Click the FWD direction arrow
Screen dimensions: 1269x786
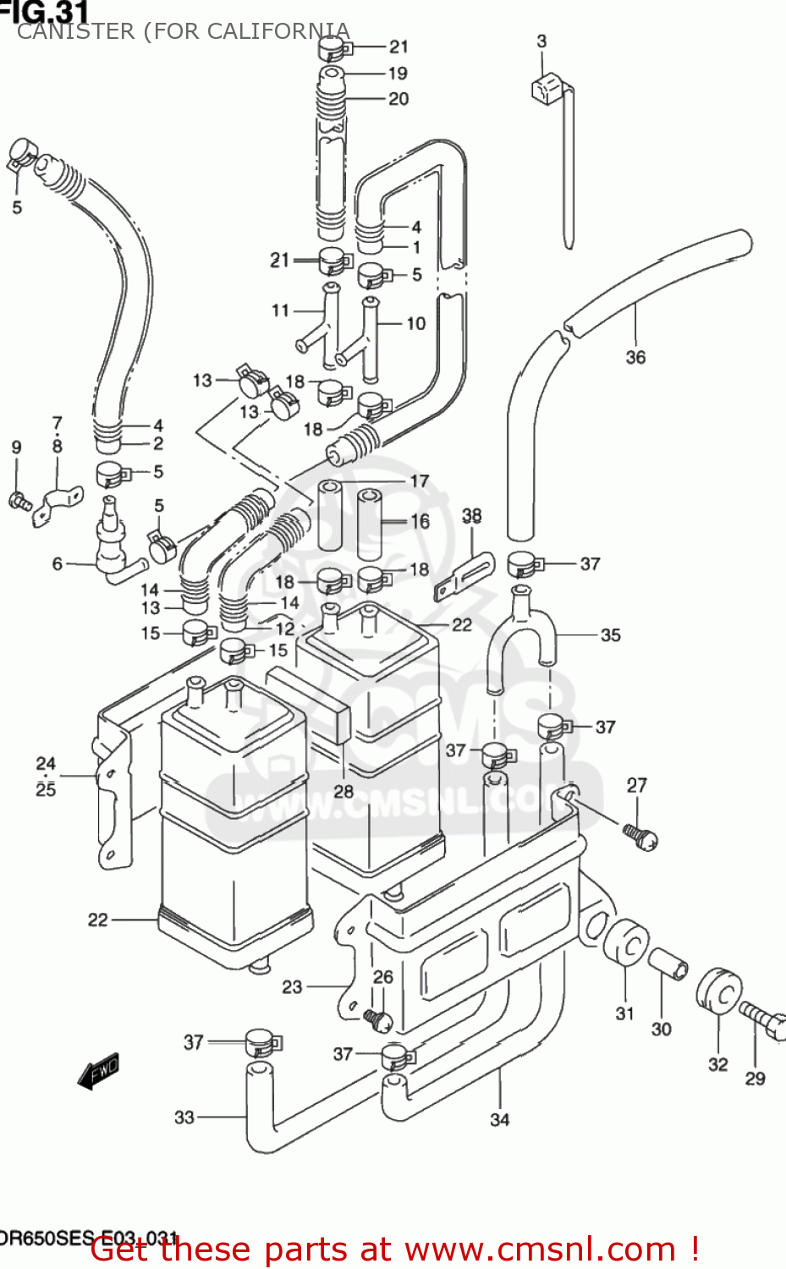pyautogui.click(x=98, y=1071)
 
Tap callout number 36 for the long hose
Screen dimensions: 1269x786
pyautogui.click(x=635, y=358)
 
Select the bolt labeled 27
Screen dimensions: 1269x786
pyautogui.click(x=641, y=836)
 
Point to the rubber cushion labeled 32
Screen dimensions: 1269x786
pyautogui.click(x=719, y=991)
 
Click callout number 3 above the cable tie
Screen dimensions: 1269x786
pyautogui.click(x=541, y=41)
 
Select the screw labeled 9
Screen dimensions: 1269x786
pyautogui.click(x=19, y=500)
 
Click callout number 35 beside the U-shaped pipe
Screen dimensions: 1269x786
pyautogui.click(x=610, y=634)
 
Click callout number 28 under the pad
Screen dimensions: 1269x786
pyautogui.click(x=344, y=791)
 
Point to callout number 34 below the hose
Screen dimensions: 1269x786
pyautogui.click(x=500, y=1119)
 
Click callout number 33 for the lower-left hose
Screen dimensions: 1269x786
pyautogui.click(x=184, y=1118)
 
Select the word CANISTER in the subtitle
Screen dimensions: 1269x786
pyautogui.click(x=76, y=31)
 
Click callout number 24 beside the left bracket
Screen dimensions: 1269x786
pyautogui.click(x=46, y=763)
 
